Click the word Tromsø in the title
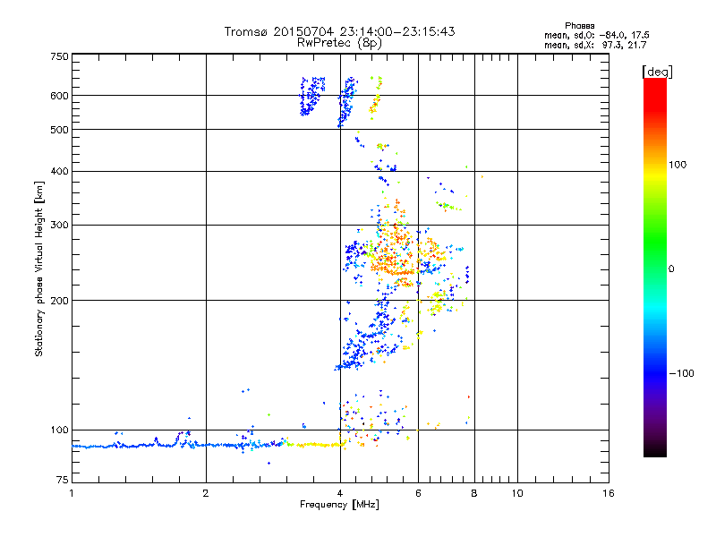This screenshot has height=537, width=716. point(246,31)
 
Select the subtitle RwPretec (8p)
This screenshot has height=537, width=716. point(340,42)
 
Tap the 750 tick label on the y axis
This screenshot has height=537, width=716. point(59,56)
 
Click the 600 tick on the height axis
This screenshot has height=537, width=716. point(59,96)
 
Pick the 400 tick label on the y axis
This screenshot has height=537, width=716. point(59,171)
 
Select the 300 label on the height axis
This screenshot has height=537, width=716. point(59,225)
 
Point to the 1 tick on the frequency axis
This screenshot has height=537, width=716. point(72,493)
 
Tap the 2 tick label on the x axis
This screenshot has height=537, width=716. point(206,493)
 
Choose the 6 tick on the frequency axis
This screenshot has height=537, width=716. point(418,493)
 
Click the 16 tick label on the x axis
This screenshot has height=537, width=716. point(607,493)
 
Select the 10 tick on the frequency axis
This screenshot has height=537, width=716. point(516,493)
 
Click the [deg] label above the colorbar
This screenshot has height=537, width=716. point(657,71)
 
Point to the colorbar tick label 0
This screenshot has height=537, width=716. point(672,268)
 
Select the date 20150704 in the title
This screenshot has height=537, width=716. point(306,31)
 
